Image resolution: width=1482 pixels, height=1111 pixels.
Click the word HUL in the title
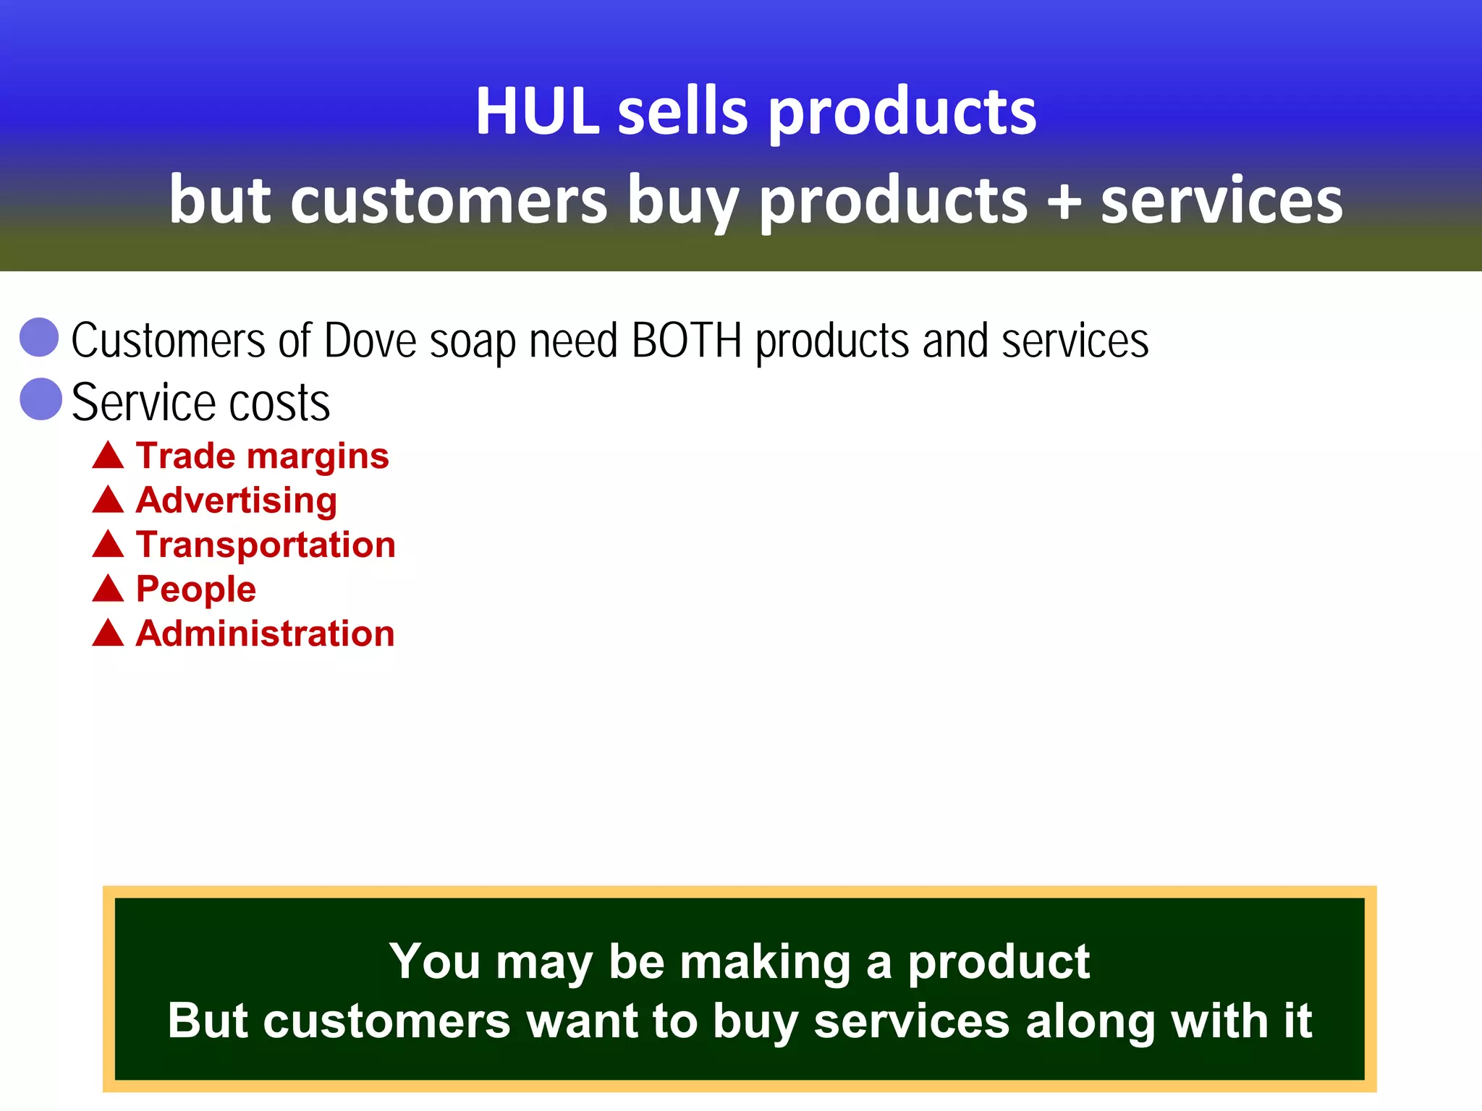537,112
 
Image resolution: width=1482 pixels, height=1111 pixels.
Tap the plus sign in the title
1064,200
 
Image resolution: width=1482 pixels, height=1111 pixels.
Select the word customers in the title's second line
449,200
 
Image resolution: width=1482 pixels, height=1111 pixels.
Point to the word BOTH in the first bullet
687,341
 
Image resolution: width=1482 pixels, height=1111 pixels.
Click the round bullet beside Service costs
41,399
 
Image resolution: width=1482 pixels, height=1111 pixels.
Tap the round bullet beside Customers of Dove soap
39,337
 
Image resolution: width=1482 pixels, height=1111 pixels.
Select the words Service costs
200,402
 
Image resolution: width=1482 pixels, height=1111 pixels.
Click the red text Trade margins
262,456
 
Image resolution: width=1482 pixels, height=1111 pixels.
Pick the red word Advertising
236,501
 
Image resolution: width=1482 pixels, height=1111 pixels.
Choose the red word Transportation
266,545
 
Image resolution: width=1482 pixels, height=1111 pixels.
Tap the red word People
195,589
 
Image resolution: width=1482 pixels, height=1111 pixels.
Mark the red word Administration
265,634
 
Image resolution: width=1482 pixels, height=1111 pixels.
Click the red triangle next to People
109,589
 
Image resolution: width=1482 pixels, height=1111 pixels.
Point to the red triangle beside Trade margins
109,456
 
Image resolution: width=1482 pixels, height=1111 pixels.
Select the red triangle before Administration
109,634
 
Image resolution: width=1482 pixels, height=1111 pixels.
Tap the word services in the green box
911,1021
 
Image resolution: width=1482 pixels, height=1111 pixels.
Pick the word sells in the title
682,112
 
